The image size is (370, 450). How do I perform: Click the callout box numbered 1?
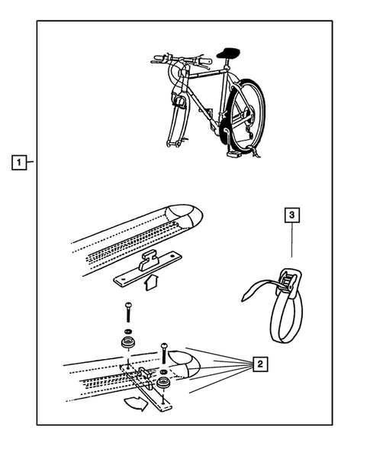[19, 163]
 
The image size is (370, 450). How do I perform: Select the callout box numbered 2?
[260, 364]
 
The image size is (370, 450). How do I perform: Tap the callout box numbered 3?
[291, 215]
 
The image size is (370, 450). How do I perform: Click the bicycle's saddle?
[228, 53]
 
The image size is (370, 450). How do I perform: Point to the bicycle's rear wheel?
[248, 114]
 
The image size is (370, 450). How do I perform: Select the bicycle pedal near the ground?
[234, 154]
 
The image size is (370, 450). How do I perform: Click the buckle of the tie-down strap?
[288, 282]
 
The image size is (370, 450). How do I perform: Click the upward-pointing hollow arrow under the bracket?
[151, 282]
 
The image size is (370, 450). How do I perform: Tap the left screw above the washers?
[128, 312]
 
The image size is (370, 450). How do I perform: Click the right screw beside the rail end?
[164, 352]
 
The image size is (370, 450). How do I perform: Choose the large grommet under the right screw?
[164, 383]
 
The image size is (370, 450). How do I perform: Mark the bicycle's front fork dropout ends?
[174, 144]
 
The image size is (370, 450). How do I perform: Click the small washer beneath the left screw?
[128, 331]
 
